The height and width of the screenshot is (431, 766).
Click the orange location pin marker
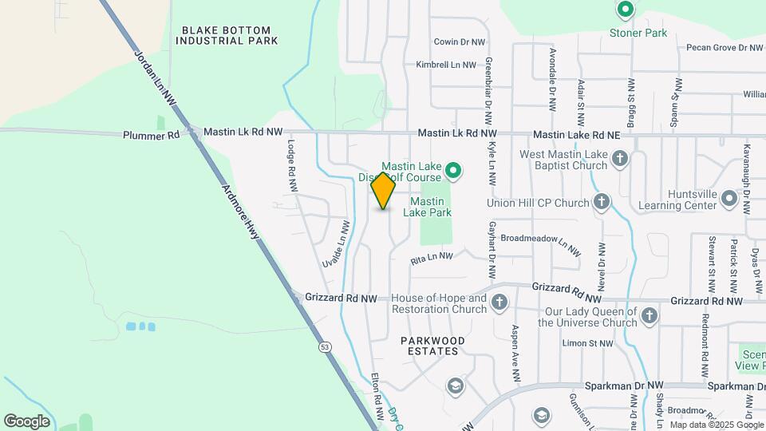point(383,191)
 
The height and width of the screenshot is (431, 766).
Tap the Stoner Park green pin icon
point(626,10)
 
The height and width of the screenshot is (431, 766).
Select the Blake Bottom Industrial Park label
point(230,35)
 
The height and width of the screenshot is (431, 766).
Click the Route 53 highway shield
point(324,346)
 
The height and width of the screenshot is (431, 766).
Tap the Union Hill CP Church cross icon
point(602,203)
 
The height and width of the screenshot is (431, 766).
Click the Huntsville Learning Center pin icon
point(728,198)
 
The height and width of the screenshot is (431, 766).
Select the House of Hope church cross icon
point(499,302)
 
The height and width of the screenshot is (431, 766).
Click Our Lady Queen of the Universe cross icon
point(650,316)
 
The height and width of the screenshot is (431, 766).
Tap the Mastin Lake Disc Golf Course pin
point(453,170)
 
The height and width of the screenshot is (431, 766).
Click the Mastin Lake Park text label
point(432,207)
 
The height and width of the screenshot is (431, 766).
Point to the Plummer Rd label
point(152,136)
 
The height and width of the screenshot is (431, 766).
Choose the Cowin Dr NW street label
point(460,42)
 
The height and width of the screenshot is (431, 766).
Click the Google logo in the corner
point(26,421)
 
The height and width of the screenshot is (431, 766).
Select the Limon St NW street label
point(587,343)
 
